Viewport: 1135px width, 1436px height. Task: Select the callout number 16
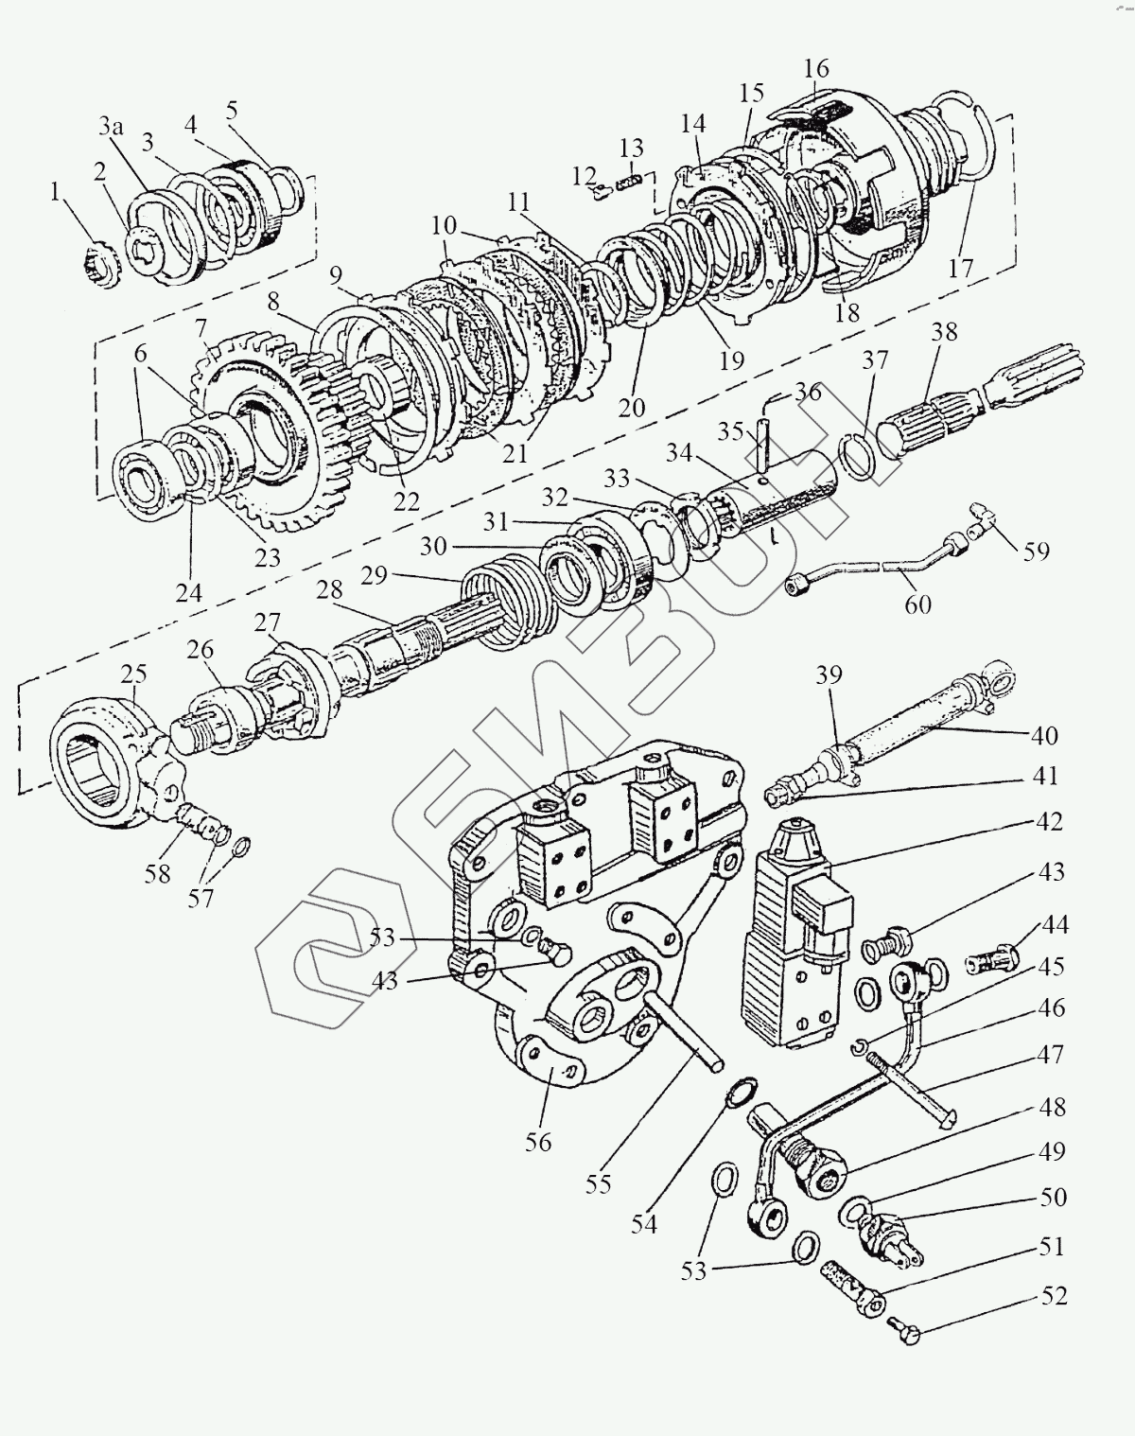[x=816, y=69]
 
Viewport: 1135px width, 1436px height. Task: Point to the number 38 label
[x=944, y=332]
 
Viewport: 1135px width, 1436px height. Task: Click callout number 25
[x=133, y=675]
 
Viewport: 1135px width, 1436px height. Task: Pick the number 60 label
[x=917, y=603]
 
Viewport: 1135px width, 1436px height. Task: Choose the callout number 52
[x=1054, y=1295]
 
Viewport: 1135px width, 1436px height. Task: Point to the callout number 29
[x=374, y=575]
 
